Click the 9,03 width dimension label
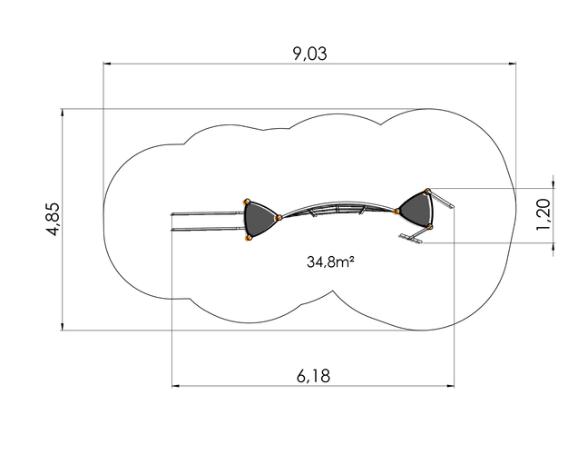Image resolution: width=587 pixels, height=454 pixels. click(309, 54)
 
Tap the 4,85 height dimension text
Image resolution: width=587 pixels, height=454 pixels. click(54, 219)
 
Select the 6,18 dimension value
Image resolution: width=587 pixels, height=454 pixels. click(313, 376)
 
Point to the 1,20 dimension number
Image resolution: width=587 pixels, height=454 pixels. click(543, 214)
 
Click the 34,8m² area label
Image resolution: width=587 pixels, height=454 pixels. click(330, 262)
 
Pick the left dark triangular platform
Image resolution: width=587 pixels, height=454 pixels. click(259, 219)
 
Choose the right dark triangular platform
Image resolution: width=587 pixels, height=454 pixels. click(416, 210)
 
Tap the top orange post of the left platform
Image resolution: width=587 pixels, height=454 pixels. click(247, 202)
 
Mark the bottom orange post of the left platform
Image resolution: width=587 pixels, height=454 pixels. click(247, 238)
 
